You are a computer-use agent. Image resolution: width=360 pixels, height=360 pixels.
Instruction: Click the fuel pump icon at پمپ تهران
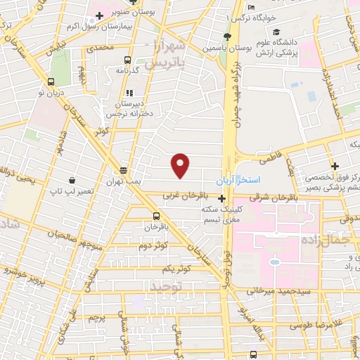click(x=124, y=170)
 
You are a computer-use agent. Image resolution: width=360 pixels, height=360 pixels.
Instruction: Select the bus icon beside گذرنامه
click(x=127, y=60)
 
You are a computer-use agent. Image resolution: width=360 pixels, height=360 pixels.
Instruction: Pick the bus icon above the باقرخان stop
click(x=156, y=216)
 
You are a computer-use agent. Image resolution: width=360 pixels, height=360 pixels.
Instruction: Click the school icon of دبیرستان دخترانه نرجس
click(x=129, y=92)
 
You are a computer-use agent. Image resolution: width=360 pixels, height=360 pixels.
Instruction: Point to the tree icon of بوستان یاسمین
click(x=226, y=37)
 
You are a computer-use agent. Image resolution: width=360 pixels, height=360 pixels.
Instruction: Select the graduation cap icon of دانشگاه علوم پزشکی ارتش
click(x=276, y=32)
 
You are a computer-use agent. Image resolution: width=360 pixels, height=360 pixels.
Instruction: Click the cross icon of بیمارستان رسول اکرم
click(x=101, y=15)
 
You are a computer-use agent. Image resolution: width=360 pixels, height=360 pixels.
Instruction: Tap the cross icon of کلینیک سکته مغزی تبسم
click(x=222, y=199)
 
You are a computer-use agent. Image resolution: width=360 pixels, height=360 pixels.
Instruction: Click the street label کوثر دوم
click(x=152, y=246)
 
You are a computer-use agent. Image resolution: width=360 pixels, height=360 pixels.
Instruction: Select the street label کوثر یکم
click(x=176, y=269)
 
